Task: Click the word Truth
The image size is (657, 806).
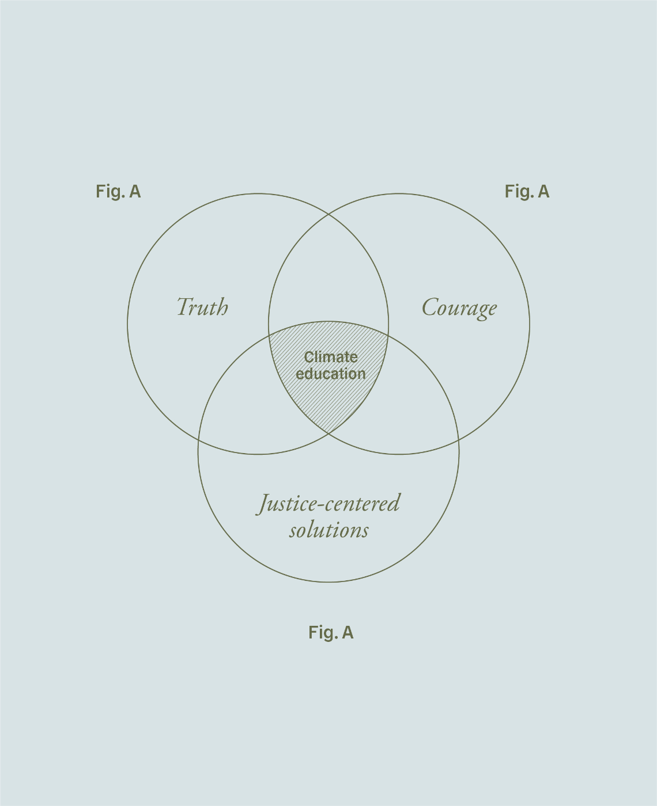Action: [x=202, y=307]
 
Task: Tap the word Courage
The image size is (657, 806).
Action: [x=459, y=307]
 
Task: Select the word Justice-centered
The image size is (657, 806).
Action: [x=328, y=504]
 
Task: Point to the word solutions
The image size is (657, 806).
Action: [x=328, y=530]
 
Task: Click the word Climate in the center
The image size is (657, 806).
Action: [x=331, y=357]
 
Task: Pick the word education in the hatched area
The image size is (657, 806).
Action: [x=331, y=374]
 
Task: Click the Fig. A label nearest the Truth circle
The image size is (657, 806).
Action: [x=118, y=192]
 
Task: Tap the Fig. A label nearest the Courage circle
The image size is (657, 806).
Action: [x=527, y=192]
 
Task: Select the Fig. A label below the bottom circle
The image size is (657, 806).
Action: [x=331, y=633]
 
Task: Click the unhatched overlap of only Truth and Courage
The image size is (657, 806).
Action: [x=328, y=271]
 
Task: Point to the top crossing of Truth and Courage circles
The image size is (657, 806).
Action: [x=328, y=214]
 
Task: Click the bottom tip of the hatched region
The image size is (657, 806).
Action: [x=328, y=434]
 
